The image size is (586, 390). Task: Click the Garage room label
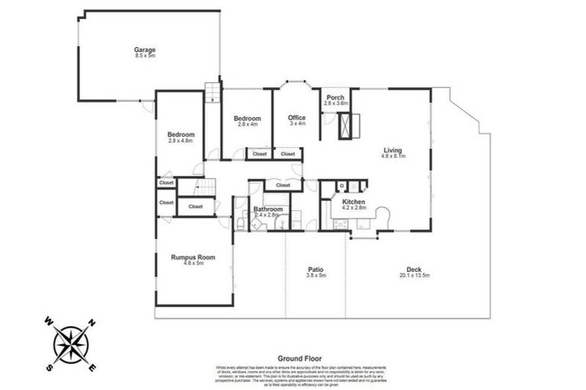145,50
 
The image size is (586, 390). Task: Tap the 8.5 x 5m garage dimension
145,56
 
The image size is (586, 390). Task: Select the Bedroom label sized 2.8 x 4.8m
181,135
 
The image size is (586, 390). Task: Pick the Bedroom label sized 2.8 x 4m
247,118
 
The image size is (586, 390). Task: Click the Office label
297,117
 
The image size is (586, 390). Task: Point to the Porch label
335,98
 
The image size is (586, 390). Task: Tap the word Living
393,150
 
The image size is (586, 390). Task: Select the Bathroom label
269,208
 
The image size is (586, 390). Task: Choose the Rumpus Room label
192,257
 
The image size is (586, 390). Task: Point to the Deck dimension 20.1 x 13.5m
414,275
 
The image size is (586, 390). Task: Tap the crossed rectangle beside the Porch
349,126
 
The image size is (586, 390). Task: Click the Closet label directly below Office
288,154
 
